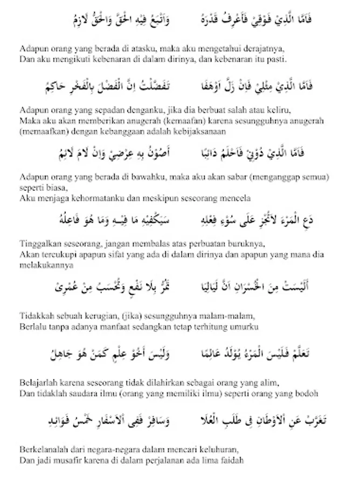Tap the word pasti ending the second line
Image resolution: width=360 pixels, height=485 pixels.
(x=278, y=57)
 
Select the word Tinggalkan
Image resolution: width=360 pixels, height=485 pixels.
(x=38, y=245)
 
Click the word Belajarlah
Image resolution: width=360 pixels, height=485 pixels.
(x=37, y=383)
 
